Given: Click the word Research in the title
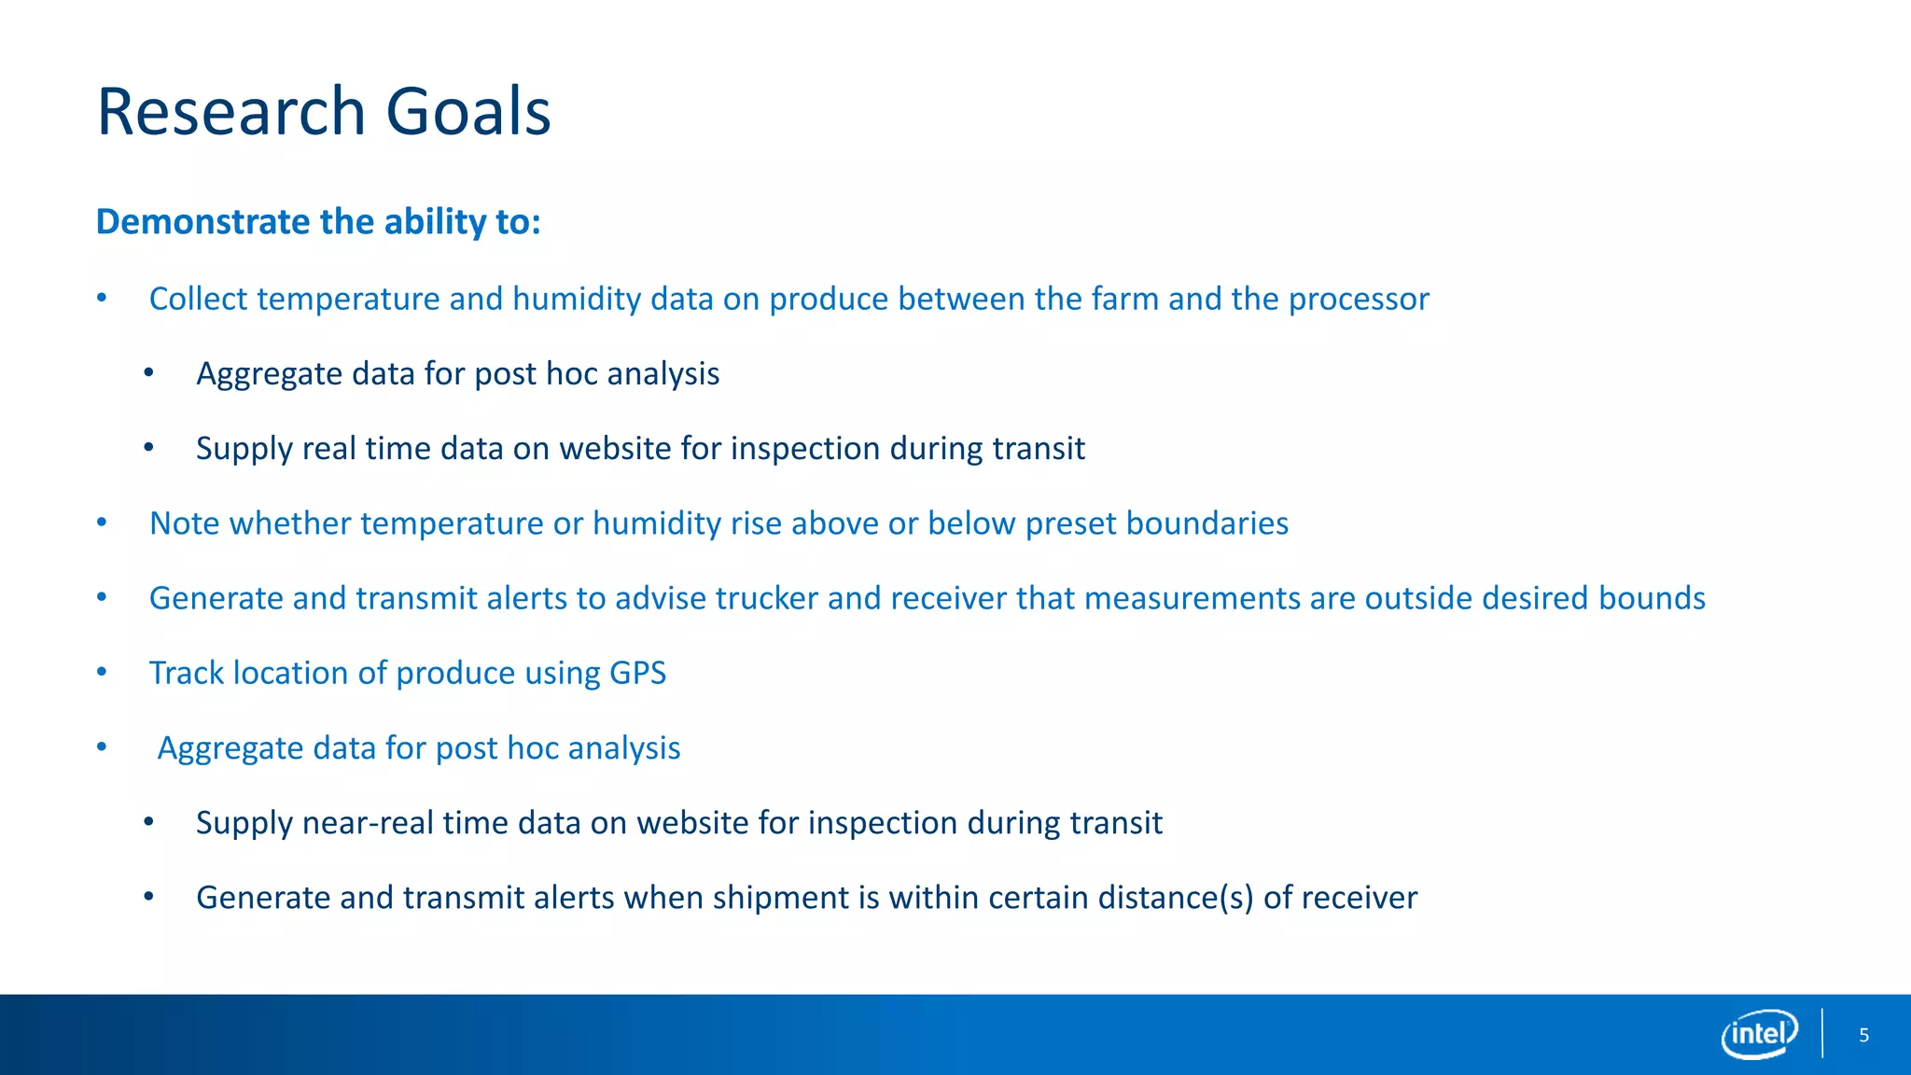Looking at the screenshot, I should (x=231, y=112).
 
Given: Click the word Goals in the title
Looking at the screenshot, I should (x=467, y=112).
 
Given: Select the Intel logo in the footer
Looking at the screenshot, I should (x=1759, y=1034).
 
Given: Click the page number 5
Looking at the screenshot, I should (x=1863, y=1035).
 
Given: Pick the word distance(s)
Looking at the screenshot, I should (x=1175, y=898).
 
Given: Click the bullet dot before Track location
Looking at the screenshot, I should (x=102, y=672).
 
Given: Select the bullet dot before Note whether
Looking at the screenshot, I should (x=102, y=523).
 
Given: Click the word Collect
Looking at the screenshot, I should (x=198, y=300).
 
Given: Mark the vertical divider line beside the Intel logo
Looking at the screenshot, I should (x=1821, y=1033).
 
